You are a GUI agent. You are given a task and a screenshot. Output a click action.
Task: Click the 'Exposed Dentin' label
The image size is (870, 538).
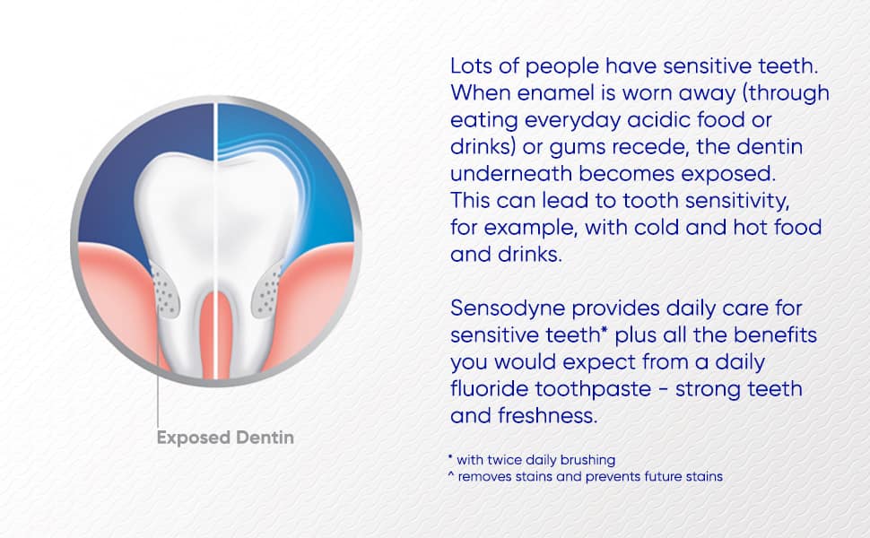(225, 438)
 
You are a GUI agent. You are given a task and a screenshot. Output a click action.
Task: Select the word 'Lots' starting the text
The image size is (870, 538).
(471, 66)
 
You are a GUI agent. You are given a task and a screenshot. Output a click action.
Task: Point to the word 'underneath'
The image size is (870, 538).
(510, 174)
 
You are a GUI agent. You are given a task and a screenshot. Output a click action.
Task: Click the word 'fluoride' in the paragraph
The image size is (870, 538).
(488, 389)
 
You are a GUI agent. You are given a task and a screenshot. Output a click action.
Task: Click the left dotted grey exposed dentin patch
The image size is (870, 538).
(165, 290)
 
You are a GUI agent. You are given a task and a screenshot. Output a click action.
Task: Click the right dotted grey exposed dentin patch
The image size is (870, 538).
(267, 290)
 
